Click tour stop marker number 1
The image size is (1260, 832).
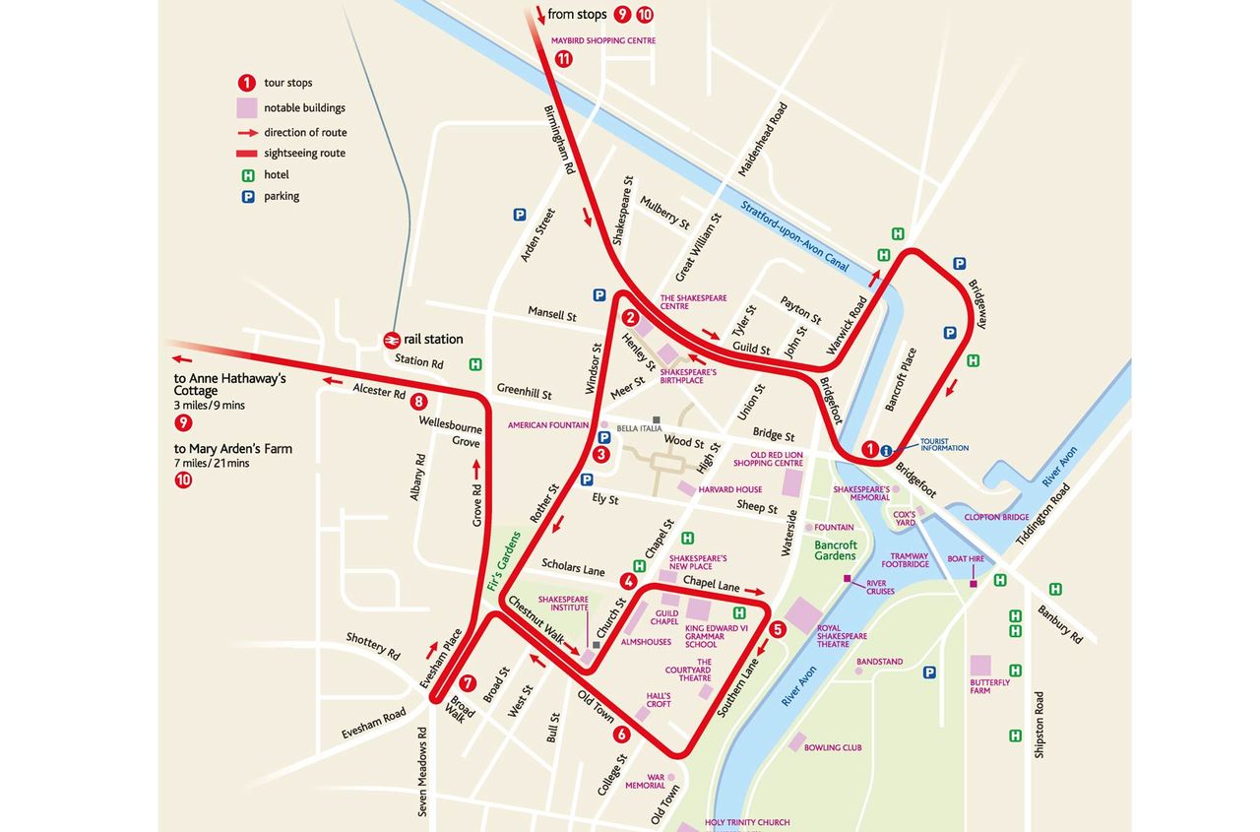pyautogui.click(x=869, y=449)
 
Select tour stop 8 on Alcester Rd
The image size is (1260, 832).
pyautogui.click(x=419, y=401)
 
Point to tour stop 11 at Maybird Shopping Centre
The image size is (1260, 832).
pyautogui.click(x=563, y=58)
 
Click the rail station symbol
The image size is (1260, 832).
pyautogui.click(x=392, y=339)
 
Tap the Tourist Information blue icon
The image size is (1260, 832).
pyautogui.click(x=886, y=451)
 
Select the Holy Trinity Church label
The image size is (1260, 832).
pyautogui.click(x=747, y=822)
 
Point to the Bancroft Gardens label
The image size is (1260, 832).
pyautogui.click(x=836, y=551)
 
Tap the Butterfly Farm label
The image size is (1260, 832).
pyautogui.click(x=989, y=686)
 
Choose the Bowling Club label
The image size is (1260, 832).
pyautogui.click(x=832, y=747)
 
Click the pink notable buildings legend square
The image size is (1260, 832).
pyautogui.click(x=246, y=107)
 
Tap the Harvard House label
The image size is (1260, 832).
pyautogui.click(x=729, y=489)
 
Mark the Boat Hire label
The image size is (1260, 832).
pyautogui.click(x=965, y=559)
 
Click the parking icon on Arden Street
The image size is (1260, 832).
pyautogui.click(x=519, y=215)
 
